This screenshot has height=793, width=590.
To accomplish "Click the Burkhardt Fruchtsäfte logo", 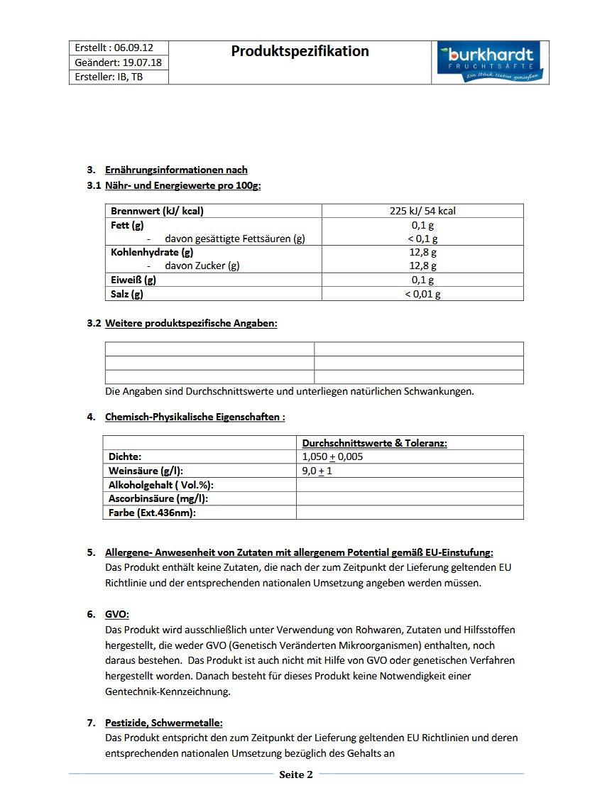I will coord(490,62).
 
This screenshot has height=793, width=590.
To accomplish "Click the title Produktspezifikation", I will coord(300,51).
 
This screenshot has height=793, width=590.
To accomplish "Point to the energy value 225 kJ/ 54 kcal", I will coord(422,211).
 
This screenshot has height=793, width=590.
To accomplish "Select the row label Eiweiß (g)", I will coord(133,280).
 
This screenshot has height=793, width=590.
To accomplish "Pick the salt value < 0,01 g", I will coord(422,294).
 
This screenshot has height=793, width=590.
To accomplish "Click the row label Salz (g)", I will coord(127,294).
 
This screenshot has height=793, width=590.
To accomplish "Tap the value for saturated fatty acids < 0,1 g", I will coord(422,239).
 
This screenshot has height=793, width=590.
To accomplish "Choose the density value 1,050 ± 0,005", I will coord(332,456).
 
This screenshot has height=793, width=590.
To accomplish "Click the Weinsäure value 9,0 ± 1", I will coord(317,471).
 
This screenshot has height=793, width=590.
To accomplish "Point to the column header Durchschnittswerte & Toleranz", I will coord(374,443).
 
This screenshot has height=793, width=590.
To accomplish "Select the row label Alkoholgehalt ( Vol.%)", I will coord(161,485).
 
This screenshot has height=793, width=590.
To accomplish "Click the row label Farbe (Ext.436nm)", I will coord(152,513).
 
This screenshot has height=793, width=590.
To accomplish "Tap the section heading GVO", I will coord(117,615).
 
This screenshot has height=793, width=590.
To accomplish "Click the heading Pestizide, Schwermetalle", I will coord(163,723).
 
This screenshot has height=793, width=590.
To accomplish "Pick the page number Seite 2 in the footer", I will coord(295,775).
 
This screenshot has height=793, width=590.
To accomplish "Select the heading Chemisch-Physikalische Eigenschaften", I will coord(195,417).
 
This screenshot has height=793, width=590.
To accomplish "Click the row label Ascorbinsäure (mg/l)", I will coord(158,498).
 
